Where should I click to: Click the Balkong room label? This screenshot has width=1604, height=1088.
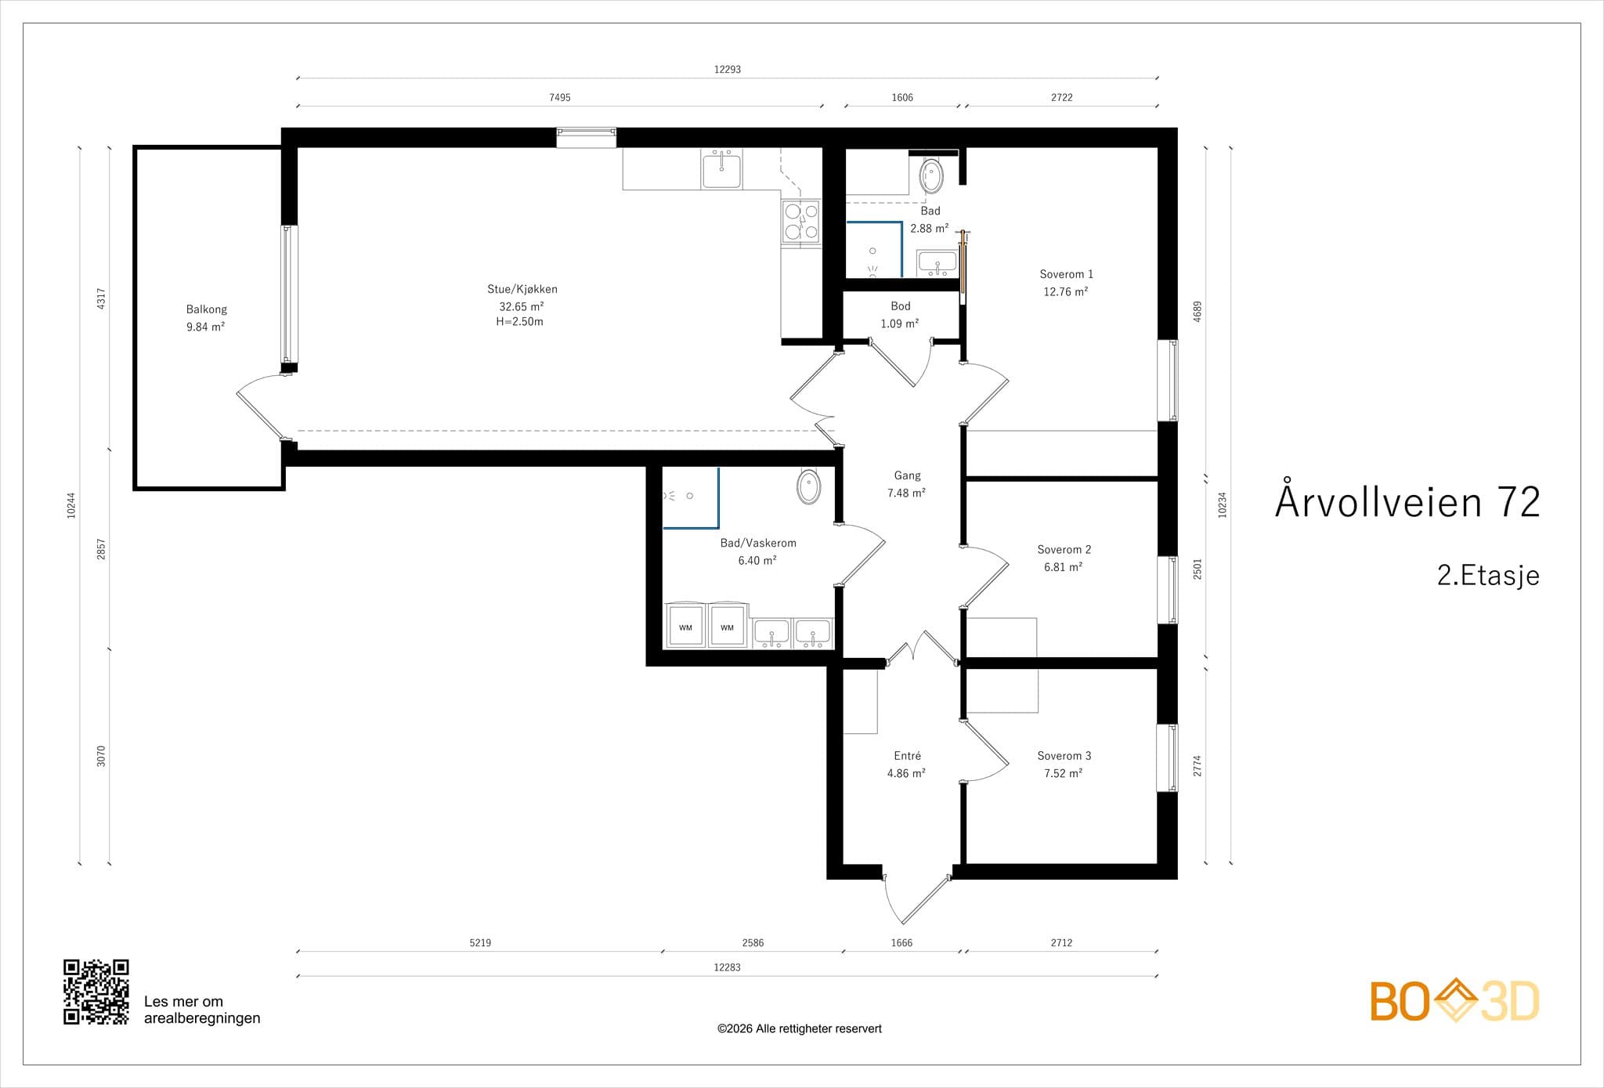pos(207,309)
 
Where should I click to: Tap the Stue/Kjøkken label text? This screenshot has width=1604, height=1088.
pos(522,289)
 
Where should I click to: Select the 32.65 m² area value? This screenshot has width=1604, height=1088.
pos(522,306)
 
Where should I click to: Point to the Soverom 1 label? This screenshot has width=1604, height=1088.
pos(1066,274)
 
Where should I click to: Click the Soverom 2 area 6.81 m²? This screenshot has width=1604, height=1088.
pos(1063,567)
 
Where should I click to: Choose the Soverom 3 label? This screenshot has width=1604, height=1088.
pos(1064,756)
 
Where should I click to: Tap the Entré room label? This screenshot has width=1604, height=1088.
pos(907,756)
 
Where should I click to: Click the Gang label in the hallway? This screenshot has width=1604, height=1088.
pos(907,475)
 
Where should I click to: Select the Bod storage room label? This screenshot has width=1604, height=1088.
pos(900,306)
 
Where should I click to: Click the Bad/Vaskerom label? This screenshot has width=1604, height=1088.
pos(758,543)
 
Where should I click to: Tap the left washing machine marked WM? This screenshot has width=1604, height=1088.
pos(685,626)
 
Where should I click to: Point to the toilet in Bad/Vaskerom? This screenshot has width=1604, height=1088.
pos(809,486)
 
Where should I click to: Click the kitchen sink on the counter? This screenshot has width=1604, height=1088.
pos(721,169)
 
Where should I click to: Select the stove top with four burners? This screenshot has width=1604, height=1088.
pos(801,222)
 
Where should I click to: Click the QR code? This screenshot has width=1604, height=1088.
pos(96,992)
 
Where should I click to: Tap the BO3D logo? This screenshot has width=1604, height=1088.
pos(1454,1000)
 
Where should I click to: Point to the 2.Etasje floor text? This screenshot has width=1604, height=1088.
pos(1488,576)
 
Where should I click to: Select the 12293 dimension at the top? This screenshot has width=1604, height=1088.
pos(728,69)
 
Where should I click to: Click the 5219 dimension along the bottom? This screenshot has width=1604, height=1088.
pos(480,942)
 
